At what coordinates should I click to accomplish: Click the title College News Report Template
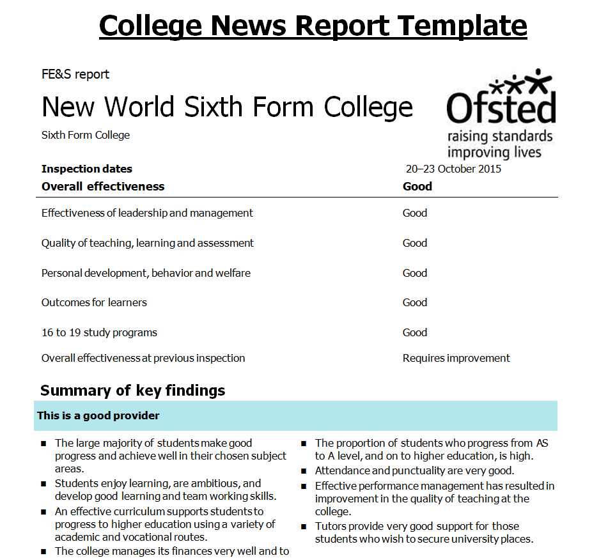pyautogui.click(x=313, y=26)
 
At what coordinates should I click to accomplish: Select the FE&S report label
pyautogui.click(x=75, y=74)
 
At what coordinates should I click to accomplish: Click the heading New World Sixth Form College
pyautogui.click(x=227, y=107)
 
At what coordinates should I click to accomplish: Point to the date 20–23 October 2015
pyautogui.click(x=453, y=169)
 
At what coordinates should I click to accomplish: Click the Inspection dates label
pyautogui.click(x=87, y=169)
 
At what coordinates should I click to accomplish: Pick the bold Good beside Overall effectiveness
pyautogui.click(x=417, y=187)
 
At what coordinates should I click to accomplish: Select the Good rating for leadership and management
pyautogui.click(x=415, y=213)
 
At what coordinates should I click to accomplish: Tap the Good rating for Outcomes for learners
pyautogui.click(x=415, y=302)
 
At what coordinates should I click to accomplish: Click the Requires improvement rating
pyautogui.click(x=456, y=358)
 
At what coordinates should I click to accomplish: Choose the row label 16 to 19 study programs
pyautogui.click(x=99, y=332)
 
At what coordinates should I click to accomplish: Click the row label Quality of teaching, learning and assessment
pyautogui.click(x=148, y=243)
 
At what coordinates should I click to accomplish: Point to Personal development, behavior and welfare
pyautogui.click(x=146, y=273)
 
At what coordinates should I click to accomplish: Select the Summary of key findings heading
pyautogui.click(x=132, y=391)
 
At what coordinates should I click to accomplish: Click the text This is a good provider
pyautogui.click(x=98, y=415)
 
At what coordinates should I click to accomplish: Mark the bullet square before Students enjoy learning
pyautogui.click(x=43, y=484)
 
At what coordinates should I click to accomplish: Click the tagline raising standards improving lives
pyautogui.click(x=500, y=144)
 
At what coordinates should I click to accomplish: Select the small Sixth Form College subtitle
pyautogui.click(x=86, y=136)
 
